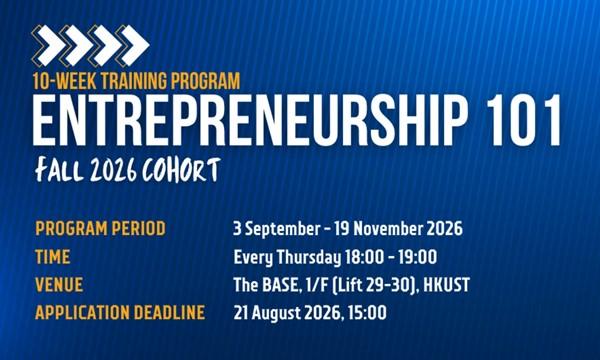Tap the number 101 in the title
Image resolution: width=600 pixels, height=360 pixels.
point(525,121)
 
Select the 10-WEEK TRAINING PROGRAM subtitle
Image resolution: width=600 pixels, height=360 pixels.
point(137,81)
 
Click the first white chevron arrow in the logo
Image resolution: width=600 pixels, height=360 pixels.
point(50,45)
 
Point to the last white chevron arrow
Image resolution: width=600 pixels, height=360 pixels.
point(135,45)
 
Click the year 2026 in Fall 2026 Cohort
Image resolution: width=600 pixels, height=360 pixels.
point(114,170)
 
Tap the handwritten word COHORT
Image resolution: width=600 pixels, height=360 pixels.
point(181,169)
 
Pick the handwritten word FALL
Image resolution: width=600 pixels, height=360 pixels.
point(60,170)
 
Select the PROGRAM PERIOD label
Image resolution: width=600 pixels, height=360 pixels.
point(101,228)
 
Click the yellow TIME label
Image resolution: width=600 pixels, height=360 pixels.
point(53,257)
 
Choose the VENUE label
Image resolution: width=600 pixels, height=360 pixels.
point(59,285)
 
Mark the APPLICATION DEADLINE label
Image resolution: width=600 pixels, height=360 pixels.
point(120,313)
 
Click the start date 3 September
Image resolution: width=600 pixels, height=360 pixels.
point(277,229)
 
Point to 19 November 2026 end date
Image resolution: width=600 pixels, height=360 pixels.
point(398,228)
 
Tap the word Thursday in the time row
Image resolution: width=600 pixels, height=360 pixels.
point(308,257)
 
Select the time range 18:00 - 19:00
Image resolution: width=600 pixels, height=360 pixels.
point(391,257)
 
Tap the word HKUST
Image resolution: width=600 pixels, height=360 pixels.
point(447,285)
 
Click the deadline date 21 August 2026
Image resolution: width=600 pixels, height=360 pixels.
point(287,313)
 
